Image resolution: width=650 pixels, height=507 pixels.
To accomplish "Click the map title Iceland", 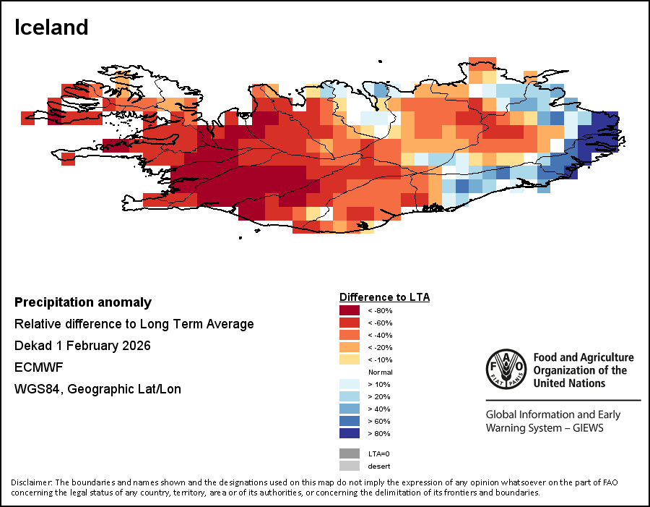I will click(51, 27).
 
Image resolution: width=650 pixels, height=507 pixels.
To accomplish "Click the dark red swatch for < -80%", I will click(350, 310).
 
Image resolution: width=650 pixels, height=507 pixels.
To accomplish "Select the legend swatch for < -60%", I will click(350, 323).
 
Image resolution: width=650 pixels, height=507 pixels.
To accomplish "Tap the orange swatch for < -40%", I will click(350, 335).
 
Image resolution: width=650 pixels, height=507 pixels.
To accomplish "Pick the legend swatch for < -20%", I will click(350, 347).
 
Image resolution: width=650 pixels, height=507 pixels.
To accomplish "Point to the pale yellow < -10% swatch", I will click(350, 359).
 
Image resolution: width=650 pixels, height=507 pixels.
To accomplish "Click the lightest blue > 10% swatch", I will click(350, 384).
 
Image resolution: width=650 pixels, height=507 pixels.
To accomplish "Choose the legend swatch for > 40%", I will click(350, 409).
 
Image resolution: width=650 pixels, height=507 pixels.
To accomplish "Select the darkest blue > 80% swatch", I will click(350, 433).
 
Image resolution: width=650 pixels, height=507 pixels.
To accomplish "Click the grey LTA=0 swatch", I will click(350, 453).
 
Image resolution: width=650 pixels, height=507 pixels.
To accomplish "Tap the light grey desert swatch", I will click(350, 466).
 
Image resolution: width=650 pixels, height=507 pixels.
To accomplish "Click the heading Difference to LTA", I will click(384, 297).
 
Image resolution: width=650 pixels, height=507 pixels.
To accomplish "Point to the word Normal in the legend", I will click(380, 372).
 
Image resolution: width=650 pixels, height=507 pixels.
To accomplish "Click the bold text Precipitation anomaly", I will click(83, 302).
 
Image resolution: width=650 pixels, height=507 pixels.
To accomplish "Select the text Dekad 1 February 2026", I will click(82, 346).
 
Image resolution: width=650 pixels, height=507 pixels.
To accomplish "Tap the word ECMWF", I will click(35, 367).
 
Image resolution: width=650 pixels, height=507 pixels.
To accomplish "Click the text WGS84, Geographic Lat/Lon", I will click(97, 389).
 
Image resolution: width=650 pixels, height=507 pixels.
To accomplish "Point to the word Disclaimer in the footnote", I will click(32, 482).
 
